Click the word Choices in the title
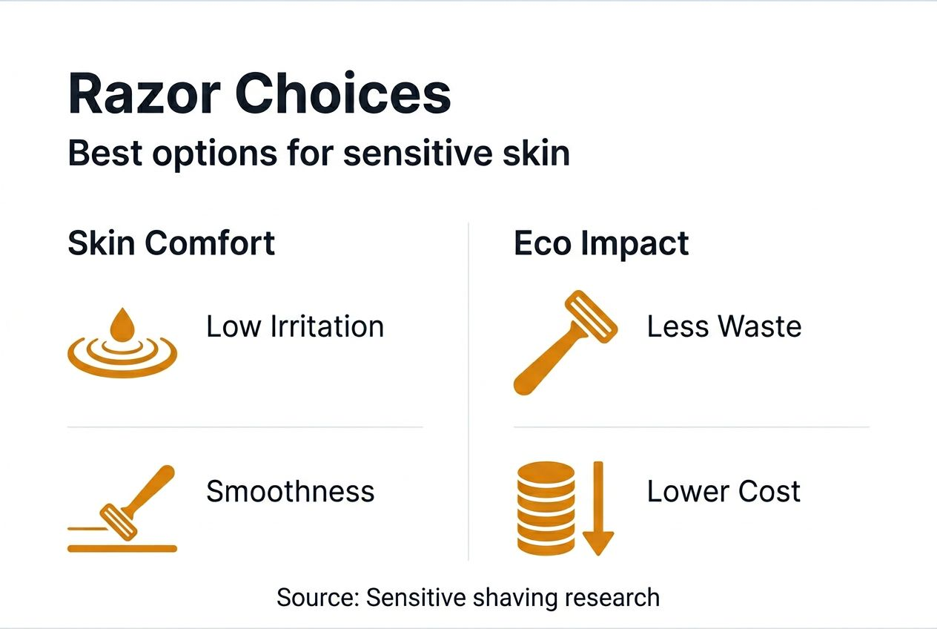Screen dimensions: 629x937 tap(343, 95)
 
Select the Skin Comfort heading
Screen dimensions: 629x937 tap(171, 243)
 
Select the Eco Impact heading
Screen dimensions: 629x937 tap(601, 243)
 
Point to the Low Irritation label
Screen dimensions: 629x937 tap(295, 326)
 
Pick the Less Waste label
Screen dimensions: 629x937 tap(724, 326)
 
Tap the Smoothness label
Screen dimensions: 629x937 tap(290, 491)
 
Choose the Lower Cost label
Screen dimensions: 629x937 tap(724, 491)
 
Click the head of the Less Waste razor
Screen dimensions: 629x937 tap(592, 317)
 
